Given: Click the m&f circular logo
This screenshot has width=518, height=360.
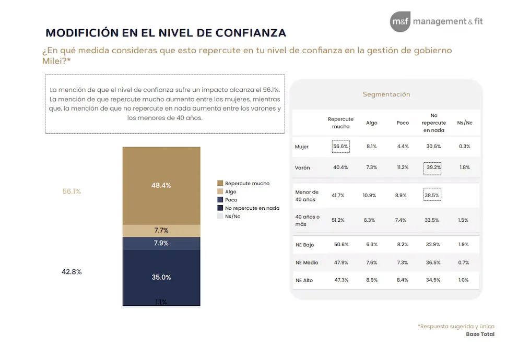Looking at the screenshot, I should click(400, 21).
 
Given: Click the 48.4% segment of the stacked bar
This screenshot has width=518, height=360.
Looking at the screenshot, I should click(161, 185).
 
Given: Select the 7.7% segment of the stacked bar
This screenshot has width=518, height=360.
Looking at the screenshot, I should click(161, 231).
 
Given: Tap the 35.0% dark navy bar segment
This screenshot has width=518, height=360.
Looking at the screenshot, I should click(161, 277).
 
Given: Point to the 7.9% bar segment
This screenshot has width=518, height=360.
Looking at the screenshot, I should click(161, 243).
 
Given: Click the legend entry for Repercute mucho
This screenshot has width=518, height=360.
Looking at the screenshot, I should click(243, 183).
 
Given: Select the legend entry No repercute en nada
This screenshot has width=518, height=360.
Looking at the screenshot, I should click(248, 208).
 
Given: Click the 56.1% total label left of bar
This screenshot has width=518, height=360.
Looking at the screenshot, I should click(72, 191).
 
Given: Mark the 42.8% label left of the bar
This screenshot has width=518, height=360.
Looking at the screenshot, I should click(72, 272).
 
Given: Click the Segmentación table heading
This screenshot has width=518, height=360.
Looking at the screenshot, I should click(386, 94).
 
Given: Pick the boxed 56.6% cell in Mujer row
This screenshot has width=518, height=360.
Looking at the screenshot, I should click(340, 147).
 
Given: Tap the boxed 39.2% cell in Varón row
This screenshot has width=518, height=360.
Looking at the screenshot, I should click(432, 167).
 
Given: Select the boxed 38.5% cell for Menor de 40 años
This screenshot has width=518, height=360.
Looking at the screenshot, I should click(432, 195).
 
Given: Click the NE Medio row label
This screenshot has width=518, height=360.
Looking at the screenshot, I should click(307, 262).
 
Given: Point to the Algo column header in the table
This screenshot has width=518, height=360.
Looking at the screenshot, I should click(371, 123).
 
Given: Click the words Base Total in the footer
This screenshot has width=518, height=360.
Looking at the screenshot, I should click(480, 334).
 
